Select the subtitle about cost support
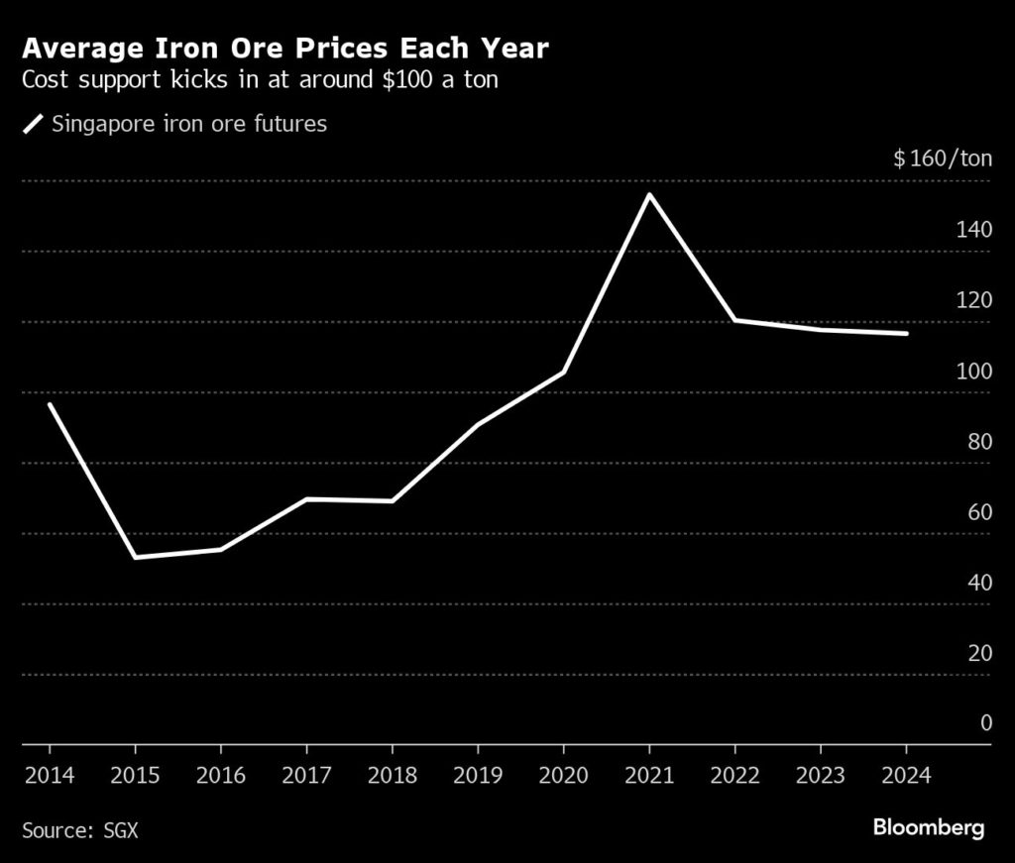click(x=260, y=80)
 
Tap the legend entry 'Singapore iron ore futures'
click(x=188, y=125)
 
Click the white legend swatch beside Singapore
click(x=35, y=125)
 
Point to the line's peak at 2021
click(x=649, y=194)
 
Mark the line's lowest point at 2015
click(x=134, y=557)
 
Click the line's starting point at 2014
click(x=49, y=404)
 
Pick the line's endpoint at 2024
click(x=906, y=334)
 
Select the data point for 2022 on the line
click(x=734, y=320)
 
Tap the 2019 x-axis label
click(x=478, y=775)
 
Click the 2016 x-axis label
click(x=220, y=775)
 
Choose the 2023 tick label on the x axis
click(x=821, y=775)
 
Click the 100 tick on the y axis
click(x=974, y=371)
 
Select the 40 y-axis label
click(x=979, y=583)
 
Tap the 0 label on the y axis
click(x=985, y=723)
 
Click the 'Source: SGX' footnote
click(x=79, y=829)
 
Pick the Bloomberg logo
click(x=928, y=827)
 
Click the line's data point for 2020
click(x=563, y=373)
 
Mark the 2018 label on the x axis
click(x=392, y=775)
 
